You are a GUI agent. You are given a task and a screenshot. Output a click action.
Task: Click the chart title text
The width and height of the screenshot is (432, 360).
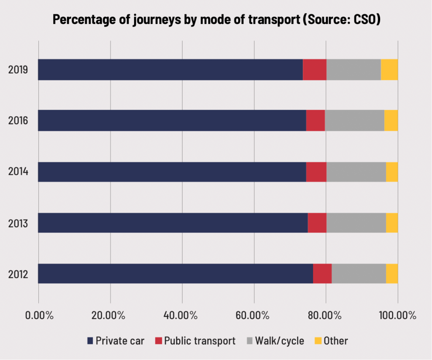(x=216, y=19)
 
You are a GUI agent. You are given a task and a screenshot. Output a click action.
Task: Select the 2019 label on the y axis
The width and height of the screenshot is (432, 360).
(x=18, y=70)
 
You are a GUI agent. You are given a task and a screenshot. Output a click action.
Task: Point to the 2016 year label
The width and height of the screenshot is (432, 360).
(x=18, y=121)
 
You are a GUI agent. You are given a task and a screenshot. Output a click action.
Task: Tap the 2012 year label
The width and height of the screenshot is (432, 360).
(x=18, y=274)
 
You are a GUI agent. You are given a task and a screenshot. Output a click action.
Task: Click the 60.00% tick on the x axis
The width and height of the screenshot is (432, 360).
(x=254, y=316)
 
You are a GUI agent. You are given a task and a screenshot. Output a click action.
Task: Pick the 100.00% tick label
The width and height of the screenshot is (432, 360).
(x=397, y=316)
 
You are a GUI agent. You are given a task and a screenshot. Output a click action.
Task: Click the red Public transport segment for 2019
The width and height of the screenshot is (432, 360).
(x=314, y=70)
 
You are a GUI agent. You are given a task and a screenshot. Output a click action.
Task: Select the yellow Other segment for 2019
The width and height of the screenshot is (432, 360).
(x=389, y=70)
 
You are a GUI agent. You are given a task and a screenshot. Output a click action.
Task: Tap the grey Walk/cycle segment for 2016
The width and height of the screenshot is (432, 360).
(x=354, y=121)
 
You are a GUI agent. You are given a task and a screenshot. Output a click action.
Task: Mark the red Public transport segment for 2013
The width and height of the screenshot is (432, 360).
(x=317, y=223)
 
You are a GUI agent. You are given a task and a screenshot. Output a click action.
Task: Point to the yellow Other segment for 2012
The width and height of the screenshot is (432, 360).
(x=392, y=274)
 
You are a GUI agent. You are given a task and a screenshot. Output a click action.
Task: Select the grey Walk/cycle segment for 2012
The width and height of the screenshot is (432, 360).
(x=359, y=274)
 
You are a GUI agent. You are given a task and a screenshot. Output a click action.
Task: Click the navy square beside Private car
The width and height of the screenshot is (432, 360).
(x=90, y=341)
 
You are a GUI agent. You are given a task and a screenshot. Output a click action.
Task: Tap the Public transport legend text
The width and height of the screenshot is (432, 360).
(x=200, y=341)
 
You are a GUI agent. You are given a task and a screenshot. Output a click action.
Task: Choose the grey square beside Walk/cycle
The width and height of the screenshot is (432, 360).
(x=250, y=341)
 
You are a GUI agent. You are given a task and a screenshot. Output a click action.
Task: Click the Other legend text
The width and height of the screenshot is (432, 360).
(x=336, y=341)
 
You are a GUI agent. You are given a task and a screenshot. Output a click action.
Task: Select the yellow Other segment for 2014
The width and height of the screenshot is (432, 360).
(x=392, y=172)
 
